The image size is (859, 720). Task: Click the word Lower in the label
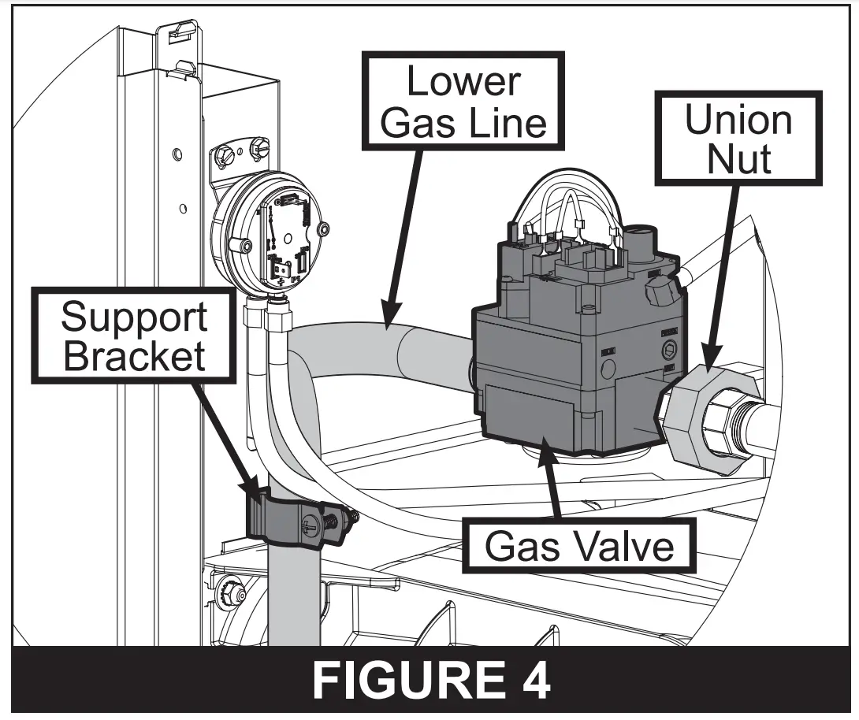pyautogui.click(x=463, y=83)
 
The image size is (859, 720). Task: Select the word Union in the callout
pyautogui.click(x=738, y=120)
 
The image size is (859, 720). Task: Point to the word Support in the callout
pyautogui.click(x=134, y=317)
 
